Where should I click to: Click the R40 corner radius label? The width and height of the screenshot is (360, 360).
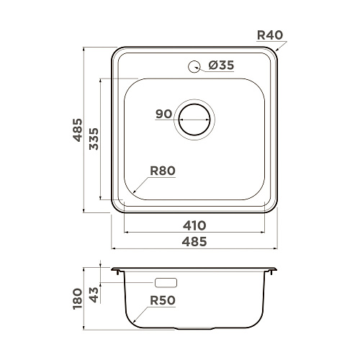[x=270, y=35]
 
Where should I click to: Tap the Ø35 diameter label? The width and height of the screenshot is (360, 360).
[x=221, y=65]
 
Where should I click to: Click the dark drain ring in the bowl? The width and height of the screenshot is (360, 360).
[x=194, y=104]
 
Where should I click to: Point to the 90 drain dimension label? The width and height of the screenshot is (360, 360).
[x=164, y=114]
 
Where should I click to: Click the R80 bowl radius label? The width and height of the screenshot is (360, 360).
[x=163, y=171]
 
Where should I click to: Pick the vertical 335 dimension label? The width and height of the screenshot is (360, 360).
[x=94, y=139]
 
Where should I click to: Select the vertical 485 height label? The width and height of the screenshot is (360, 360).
[x=78, y=130]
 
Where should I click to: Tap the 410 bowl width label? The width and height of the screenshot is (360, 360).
[x=194, y=225]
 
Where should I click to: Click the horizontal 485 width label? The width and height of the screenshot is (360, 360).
[x=194, y=242]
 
